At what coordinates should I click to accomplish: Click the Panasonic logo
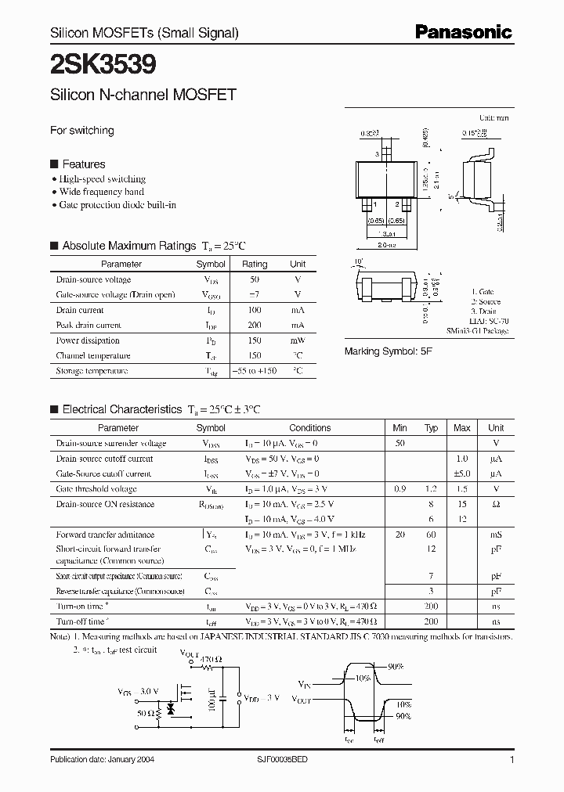click(464, 31)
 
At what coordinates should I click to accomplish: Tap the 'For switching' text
click(82, 131)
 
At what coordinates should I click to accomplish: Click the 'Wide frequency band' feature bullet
click(102, 192)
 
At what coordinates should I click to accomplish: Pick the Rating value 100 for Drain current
click(255, 310)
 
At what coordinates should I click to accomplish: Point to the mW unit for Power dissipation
click(298, 340)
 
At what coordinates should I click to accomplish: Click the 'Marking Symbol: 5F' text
click(389, 352)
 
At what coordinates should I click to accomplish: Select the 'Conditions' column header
click(310, 428)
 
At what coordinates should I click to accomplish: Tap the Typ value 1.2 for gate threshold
click(431, 489)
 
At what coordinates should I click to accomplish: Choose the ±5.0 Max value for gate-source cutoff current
click(462, 474)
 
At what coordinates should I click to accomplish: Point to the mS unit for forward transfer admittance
click(496, 535)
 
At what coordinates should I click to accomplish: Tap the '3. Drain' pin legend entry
click(486, 311)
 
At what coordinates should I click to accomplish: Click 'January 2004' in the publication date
click(139, 761)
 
